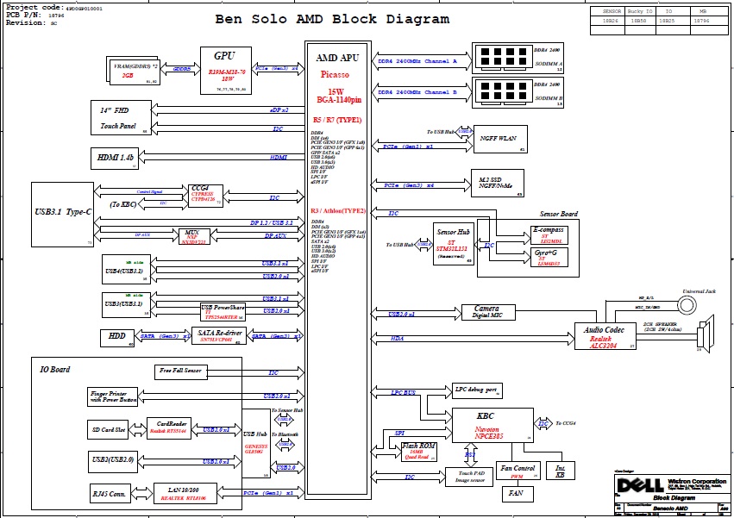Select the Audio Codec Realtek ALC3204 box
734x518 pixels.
[605, 336]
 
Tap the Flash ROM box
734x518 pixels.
[418, 450]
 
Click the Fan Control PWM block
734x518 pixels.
[517, 471]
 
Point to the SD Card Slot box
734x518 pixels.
[109, 429]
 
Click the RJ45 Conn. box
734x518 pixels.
[110, 494]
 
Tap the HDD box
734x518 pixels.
[117, 336]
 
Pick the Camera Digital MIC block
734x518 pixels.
[486, 311]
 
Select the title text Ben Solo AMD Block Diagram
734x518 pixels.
[331, 19]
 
